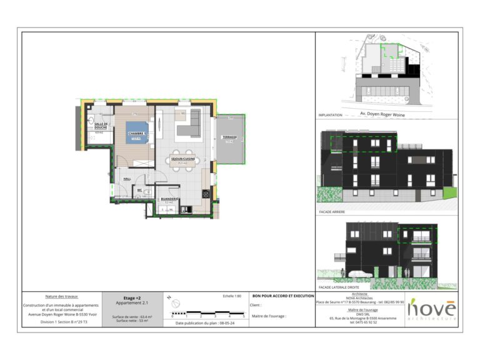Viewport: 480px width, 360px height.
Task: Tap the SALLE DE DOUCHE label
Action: (x=101, y=126)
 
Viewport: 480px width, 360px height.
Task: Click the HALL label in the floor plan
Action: (x=127, y=179)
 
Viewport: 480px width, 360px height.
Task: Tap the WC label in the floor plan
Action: (x=141, y=190)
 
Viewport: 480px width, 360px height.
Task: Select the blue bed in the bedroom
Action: (x=137, y=132)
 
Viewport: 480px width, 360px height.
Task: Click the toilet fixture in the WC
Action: (x=147, y=192)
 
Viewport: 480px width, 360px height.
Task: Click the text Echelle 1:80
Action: (x=232, y=296)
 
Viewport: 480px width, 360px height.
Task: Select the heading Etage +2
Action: (x=130, y=297)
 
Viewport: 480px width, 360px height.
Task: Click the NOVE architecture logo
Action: (x=432, y=309)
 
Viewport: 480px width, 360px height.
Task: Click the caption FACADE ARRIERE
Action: (x=332, y=212)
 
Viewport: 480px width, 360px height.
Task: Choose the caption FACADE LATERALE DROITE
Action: (x=341, y=286)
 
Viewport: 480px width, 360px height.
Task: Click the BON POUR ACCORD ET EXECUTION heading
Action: (x=282, y=296)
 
